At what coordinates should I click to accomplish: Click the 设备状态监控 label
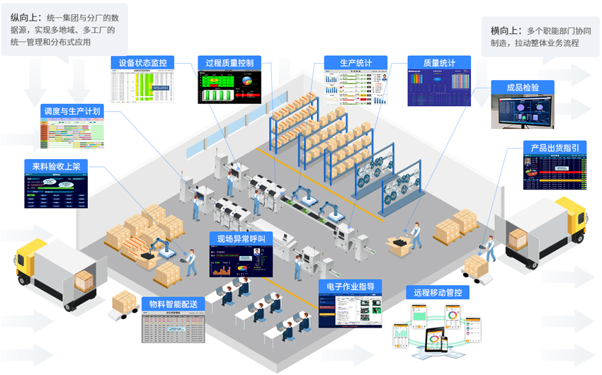pyautogui.click(x=143, y=62)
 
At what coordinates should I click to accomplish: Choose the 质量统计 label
pyautogui.click(x=439, y=62)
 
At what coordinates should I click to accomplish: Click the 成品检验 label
pyautogui.click(x=523, y=87)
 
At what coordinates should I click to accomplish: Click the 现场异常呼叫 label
pyautogui.click(x=241, y=238)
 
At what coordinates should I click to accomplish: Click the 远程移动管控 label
pyautogui.click(x=438, y=292)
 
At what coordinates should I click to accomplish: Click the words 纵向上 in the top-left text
pyautogui.click(x=25, y=16)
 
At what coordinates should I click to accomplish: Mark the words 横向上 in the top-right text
pyautogui.click(x=505, y=30)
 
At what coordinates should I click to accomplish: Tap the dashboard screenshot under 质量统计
pyautogui.click(x=439, y=88)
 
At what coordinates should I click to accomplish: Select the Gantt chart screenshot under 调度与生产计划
pyautogui.click(x=72, y=133)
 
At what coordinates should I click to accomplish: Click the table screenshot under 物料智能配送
pyautogui.click(x=174, y=328)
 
